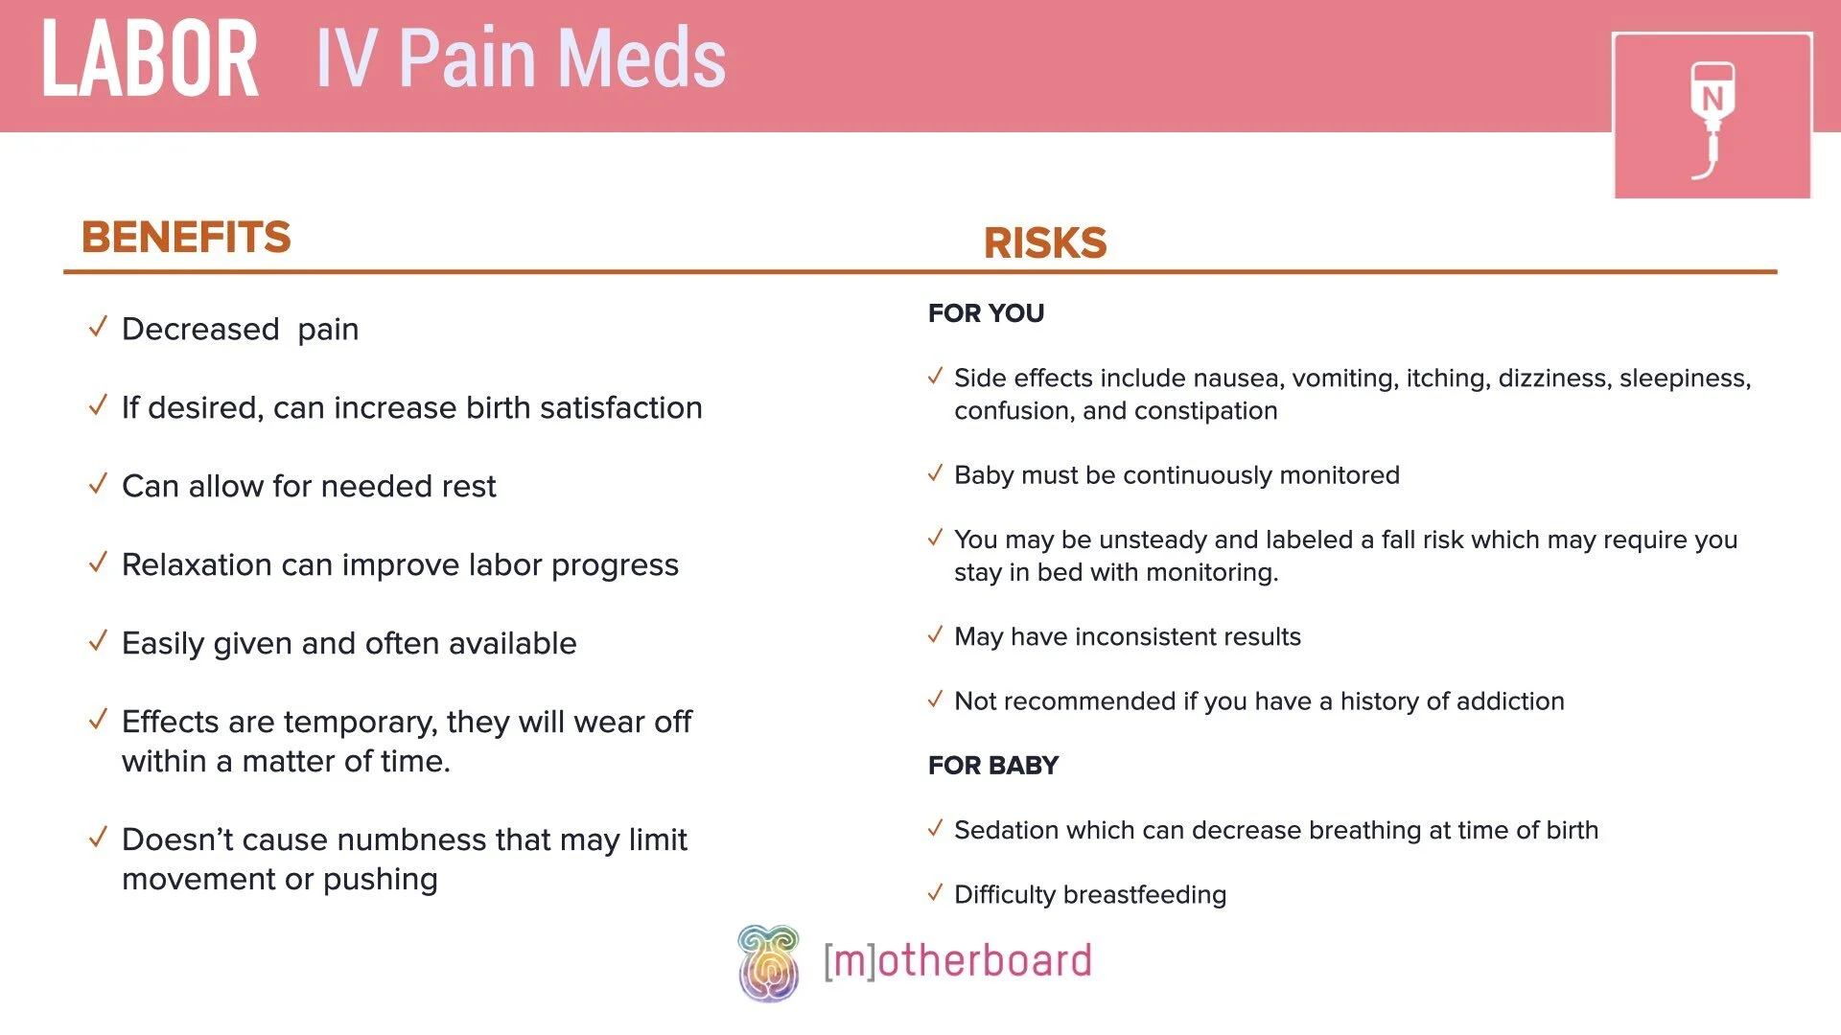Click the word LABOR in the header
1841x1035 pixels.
coord(151,59)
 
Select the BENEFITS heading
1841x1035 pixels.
coord(186,237)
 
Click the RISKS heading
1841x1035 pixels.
coord(1045,242)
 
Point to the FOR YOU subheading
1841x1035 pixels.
coord(986,313)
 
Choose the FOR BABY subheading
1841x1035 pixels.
coord(992,766)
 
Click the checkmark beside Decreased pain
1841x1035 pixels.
coord(98,328)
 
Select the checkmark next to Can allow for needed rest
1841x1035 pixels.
coord(98,485)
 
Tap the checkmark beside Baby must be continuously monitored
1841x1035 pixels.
coord(936,474)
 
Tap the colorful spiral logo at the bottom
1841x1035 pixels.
coord(768,963)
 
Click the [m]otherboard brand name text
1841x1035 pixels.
coord(957,961)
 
